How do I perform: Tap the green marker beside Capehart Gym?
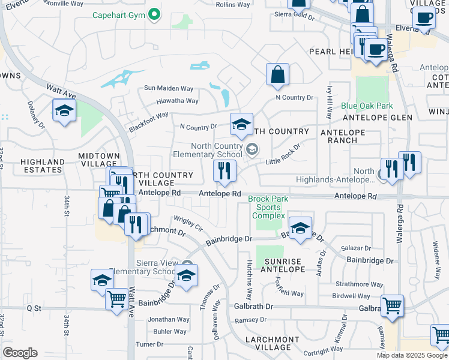click(x=154, y=14)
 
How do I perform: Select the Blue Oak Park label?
click(x=367, y=106)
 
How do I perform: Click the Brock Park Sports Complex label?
click(x=268, y=207)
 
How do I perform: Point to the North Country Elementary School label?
click(x=217, y=150)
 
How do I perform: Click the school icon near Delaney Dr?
click(x=64, y=110)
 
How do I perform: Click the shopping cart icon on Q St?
click(x=116, y=298)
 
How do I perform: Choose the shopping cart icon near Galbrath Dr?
click(x=392, y=305)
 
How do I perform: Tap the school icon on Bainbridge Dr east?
click(x=300, y=227)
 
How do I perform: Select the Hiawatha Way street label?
click(x=177, y=101)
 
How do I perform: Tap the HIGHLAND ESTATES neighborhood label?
click(x=42, y=166)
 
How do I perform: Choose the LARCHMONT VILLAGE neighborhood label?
click(x=272, y=344)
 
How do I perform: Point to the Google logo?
click(x=20, y=352)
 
